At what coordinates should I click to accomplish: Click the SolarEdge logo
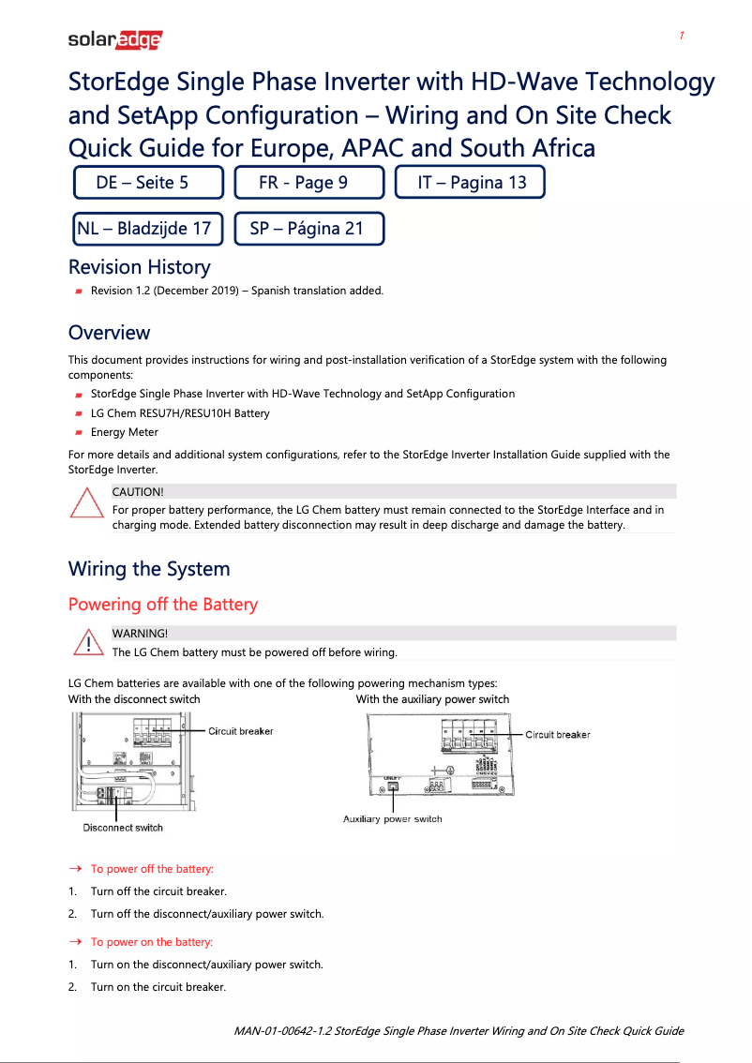[115, 39]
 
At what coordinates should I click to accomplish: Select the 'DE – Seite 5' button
[148, 183]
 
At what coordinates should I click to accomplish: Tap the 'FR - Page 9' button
[308, 183]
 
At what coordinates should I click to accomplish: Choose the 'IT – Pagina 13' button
[469, 183]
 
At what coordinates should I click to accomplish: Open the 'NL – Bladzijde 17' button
[148, 228]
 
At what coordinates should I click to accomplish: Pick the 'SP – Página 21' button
[308, 228]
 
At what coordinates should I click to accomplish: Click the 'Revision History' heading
[139, 267]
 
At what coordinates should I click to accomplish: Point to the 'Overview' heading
[109, 333]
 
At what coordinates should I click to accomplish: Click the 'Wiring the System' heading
[148, 569]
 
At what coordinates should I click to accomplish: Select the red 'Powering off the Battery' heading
[162, 605]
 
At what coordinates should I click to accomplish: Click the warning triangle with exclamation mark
[86, 643]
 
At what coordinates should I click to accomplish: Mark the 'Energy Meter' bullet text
[124, 432]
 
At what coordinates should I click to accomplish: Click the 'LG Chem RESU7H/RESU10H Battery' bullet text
[179, 413]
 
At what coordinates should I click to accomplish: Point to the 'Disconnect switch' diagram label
[123, 828]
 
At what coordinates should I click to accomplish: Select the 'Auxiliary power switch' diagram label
[392, 819]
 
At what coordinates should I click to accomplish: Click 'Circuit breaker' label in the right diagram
[557, 735]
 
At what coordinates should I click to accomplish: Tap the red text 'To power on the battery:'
[151, 942]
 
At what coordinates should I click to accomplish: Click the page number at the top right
[682, 36]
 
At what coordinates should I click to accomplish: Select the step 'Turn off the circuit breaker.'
[158, 891]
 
